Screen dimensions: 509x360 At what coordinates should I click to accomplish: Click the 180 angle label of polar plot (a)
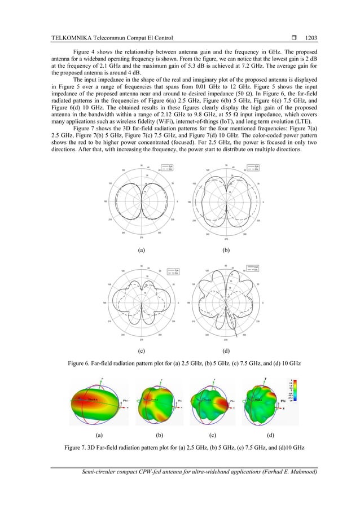[106, 201]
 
